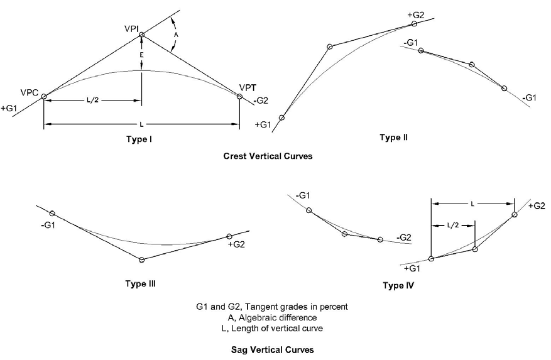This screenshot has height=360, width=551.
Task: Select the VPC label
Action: pyautogui.click(x=30, y=93)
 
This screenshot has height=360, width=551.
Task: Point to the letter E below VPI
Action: pyautogui.click(x=142, y=55)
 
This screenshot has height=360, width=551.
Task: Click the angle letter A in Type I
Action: pyautogui.click(x=175, y=36)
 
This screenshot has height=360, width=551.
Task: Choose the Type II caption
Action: pyautogui.click(x=394, y=138)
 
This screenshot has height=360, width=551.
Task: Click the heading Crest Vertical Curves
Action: pyautogui.click(x=268, y=156)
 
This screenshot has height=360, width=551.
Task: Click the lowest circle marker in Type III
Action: pyautogui.click(x=141, y=259)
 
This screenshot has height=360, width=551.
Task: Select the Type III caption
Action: pyautogui.click(x=140, y=283)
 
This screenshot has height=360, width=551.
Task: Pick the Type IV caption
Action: pyautogui.click(x=398, y=286)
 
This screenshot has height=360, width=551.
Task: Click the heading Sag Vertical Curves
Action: pyautogui.click(x=271, y=349)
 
